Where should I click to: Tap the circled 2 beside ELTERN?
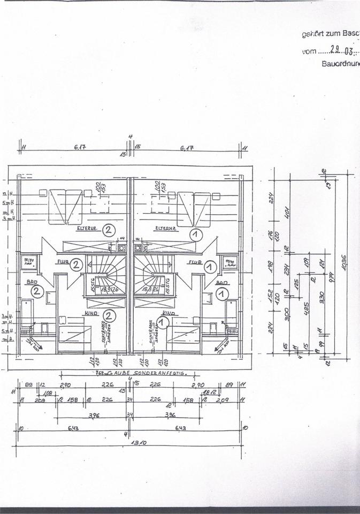point(109,231)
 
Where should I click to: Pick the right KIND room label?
point(169,312)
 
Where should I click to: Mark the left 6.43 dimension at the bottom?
point(73,428)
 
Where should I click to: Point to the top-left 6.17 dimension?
point(73,148)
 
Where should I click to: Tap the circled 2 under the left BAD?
point(37,292)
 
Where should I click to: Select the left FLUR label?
point(62,263)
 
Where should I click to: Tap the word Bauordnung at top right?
point(341,63)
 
